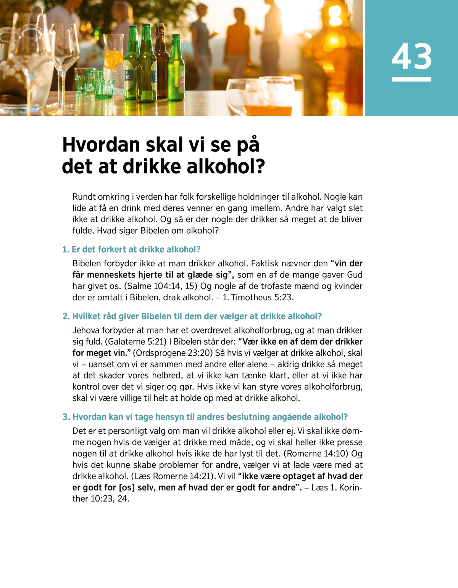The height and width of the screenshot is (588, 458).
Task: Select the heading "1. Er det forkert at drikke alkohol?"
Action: (x=131, y=250)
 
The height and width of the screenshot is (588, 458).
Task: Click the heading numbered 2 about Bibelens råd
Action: (x=192, y=316)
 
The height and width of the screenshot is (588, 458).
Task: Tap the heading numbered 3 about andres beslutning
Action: (x=205, y=417)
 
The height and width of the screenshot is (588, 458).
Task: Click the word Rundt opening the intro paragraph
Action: (x=84, y=197)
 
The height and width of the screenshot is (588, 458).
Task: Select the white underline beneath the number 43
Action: (x=411, y=79)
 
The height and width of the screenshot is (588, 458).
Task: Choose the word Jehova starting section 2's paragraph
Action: (x=86, y=330)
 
